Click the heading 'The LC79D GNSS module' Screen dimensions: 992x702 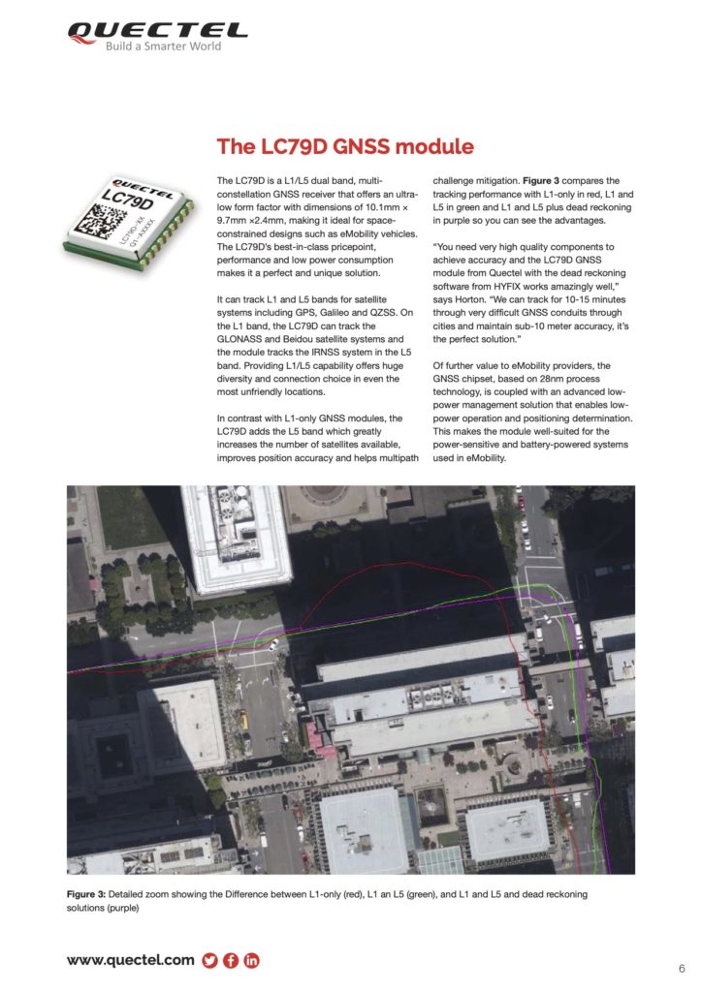pyautogui.click(x=345, y=147)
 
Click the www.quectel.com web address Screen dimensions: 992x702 pyautogui.click(x=130, y=960)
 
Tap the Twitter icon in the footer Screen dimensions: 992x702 pyautogui.click(x=209, y=961)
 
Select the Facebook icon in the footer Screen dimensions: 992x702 pyautogui.click(x=231, y=961)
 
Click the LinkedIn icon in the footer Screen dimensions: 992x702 pyautogui.click(x=252, y=961)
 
